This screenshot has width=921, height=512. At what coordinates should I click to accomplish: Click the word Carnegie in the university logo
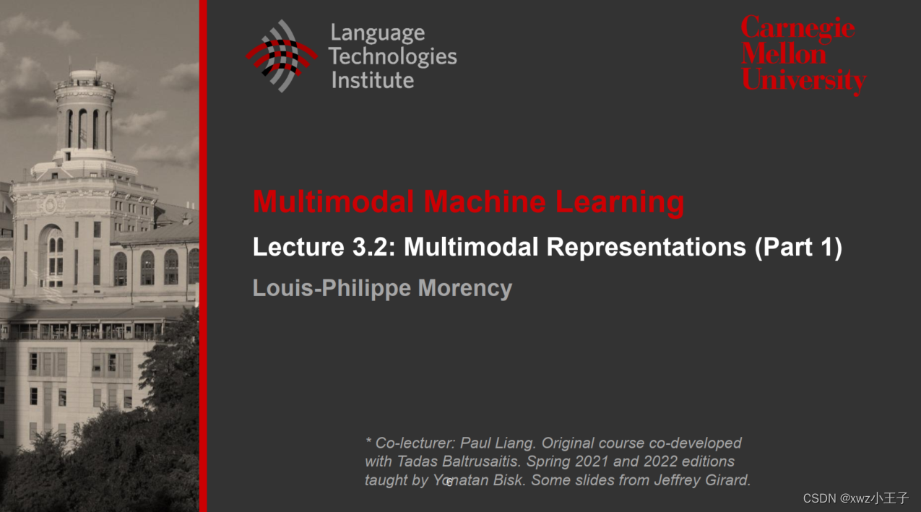click(x=797, y=29)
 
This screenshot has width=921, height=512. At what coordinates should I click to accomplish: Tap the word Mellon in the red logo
click(x=784, y=54)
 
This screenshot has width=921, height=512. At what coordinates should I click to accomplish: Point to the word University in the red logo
click(x=803, y=79)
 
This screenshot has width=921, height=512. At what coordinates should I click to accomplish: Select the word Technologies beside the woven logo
click(x=394, y=56)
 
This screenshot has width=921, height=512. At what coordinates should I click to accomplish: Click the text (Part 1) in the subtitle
click(x=798, y=247)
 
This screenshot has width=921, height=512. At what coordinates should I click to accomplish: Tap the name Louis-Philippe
click(x=332, y=288)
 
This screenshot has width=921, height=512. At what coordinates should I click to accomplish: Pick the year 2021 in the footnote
click(x=594, y=461)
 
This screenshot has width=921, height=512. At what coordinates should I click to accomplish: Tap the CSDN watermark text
click(x=855, y=498)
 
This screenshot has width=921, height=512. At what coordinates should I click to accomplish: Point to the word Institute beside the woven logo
click(x=372, y=79)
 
